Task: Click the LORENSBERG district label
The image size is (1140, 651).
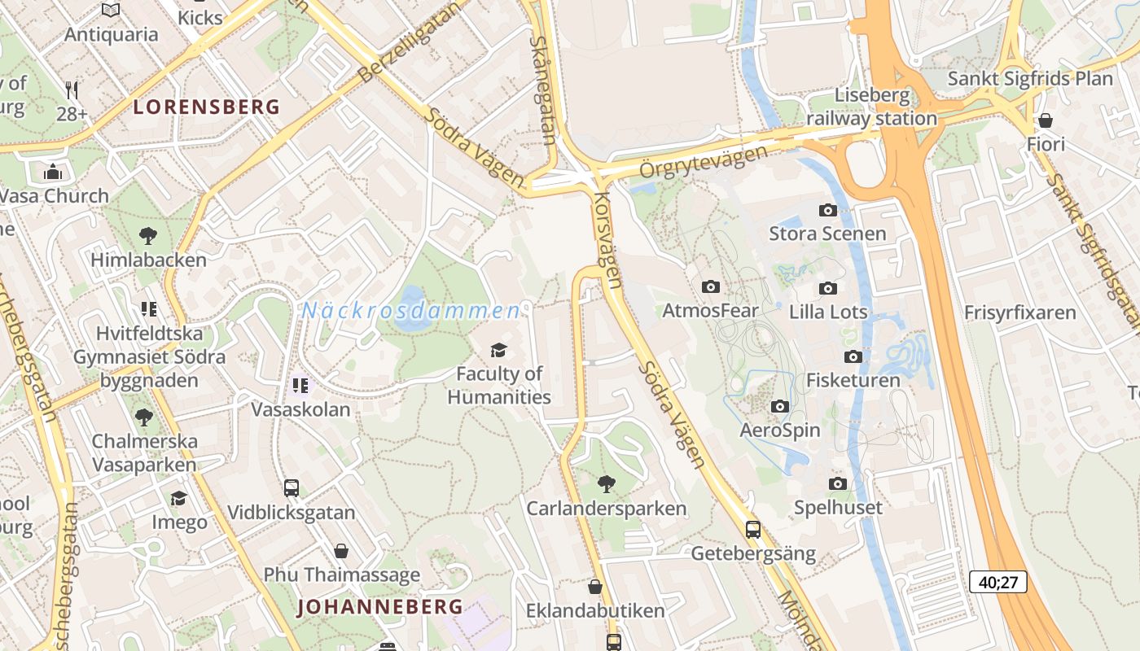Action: [206, 107]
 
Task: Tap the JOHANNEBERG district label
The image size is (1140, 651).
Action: [379, 606]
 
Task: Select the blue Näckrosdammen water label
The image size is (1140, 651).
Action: [410, 311]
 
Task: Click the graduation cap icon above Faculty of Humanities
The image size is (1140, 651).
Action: [498, 350]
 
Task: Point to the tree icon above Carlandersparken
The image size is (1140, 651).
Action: [606, 484]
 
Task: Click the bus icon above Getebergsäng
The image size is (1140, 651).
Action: [753, 530]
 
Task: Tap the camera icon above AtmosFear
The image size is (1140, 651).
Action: [710, 286]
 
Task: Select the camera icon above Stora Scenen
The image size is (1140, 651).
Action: [827, 210]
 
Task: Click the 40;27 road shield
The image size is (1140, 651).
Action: [997, 582]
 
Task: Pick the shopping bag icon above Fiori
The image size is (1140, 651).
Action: [1046, 120]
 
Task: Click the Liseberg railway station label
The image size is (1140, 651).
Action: [871, 107]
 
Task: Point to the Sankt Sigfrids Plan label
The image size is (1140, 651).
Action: [1030, 79]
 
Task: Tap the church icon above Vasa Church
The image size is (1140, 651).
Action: [53, 172]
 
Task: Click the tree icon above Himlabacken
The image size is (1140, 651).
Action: [148, 236]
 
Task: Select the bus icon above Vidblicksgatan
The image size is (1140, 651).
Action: [292, 488]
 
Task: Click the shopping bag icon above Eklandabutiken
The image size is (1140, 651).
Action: [595, 587]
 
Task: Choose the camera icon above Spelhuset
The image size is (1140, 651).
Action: [838, 484]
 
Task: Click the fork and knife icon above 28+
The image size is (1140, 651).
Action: [72, 90]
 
